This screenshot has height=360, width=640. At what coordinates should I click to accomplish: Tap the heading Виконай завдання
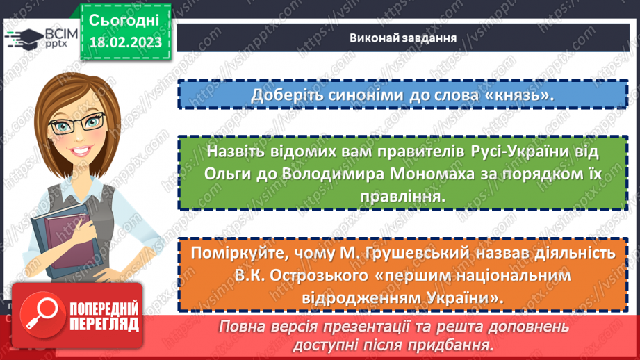pos(403,38)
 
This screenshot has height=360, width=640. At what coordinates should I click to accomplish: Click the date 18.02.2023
pos(126,43)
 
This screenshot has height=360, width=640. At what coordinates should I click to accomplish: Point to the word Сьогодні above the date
pos(124,19)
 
